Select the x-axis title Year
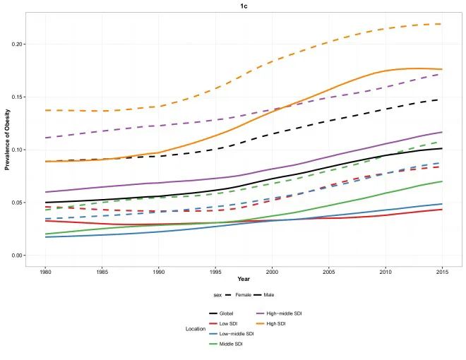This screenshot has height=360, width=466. [244, 278]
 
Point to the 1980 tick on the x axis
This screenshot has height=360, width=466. [46, 271]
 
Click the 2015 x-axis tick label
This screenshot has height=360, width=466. [441, 271]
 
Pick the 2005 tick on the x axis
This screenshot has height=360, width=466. [329, 271]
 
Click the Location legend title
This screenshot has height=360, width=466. [195, 328]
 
